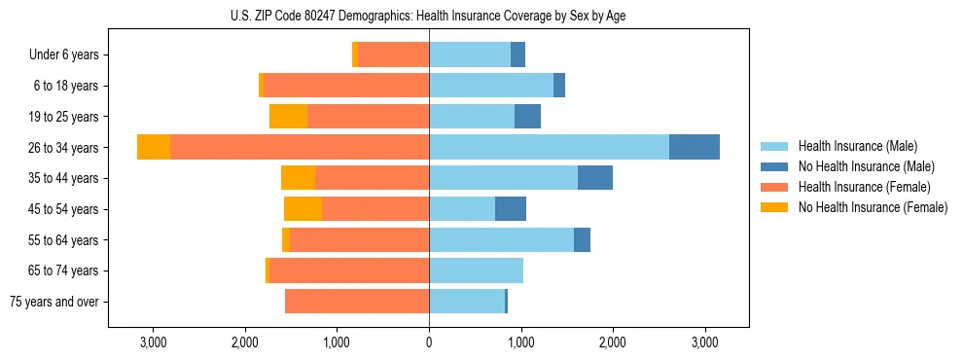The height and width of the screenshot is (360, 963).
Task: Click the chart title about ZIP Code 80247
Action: pos(428,16)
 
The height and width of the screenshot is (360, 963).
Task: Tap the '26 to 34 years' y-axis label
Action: pos(63,148)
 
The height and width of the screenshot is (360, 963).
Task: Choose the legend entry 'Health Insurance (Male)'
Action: pos(856,146)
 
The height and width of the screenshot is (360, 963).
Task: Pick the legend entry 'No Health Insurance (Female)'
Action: pos(873,207)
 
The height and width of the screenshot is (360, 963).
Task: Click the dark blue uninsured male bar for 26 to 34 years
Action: pos(695,147)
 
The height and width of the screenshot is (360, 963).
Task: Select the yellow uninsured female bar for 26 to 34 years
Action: pos(154,147)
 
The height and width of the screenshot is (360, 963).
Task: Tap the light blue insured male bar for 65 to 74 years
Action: pos(476,270)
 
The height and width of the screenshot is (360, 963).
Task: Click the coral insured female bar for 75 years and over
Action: pos(357,302)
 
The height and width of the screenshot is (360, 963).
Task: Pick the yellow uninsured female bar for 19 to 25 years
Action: pos(288,117)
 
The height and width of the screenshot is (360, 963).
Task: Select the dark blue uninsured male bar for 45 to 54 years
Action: pos(511,209)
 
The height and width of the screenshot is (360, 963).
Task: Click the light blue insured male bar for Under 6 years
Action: pos(470,55)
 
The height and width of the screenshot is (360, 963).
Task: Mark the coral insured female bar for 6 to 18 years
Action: pos(346,86)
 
